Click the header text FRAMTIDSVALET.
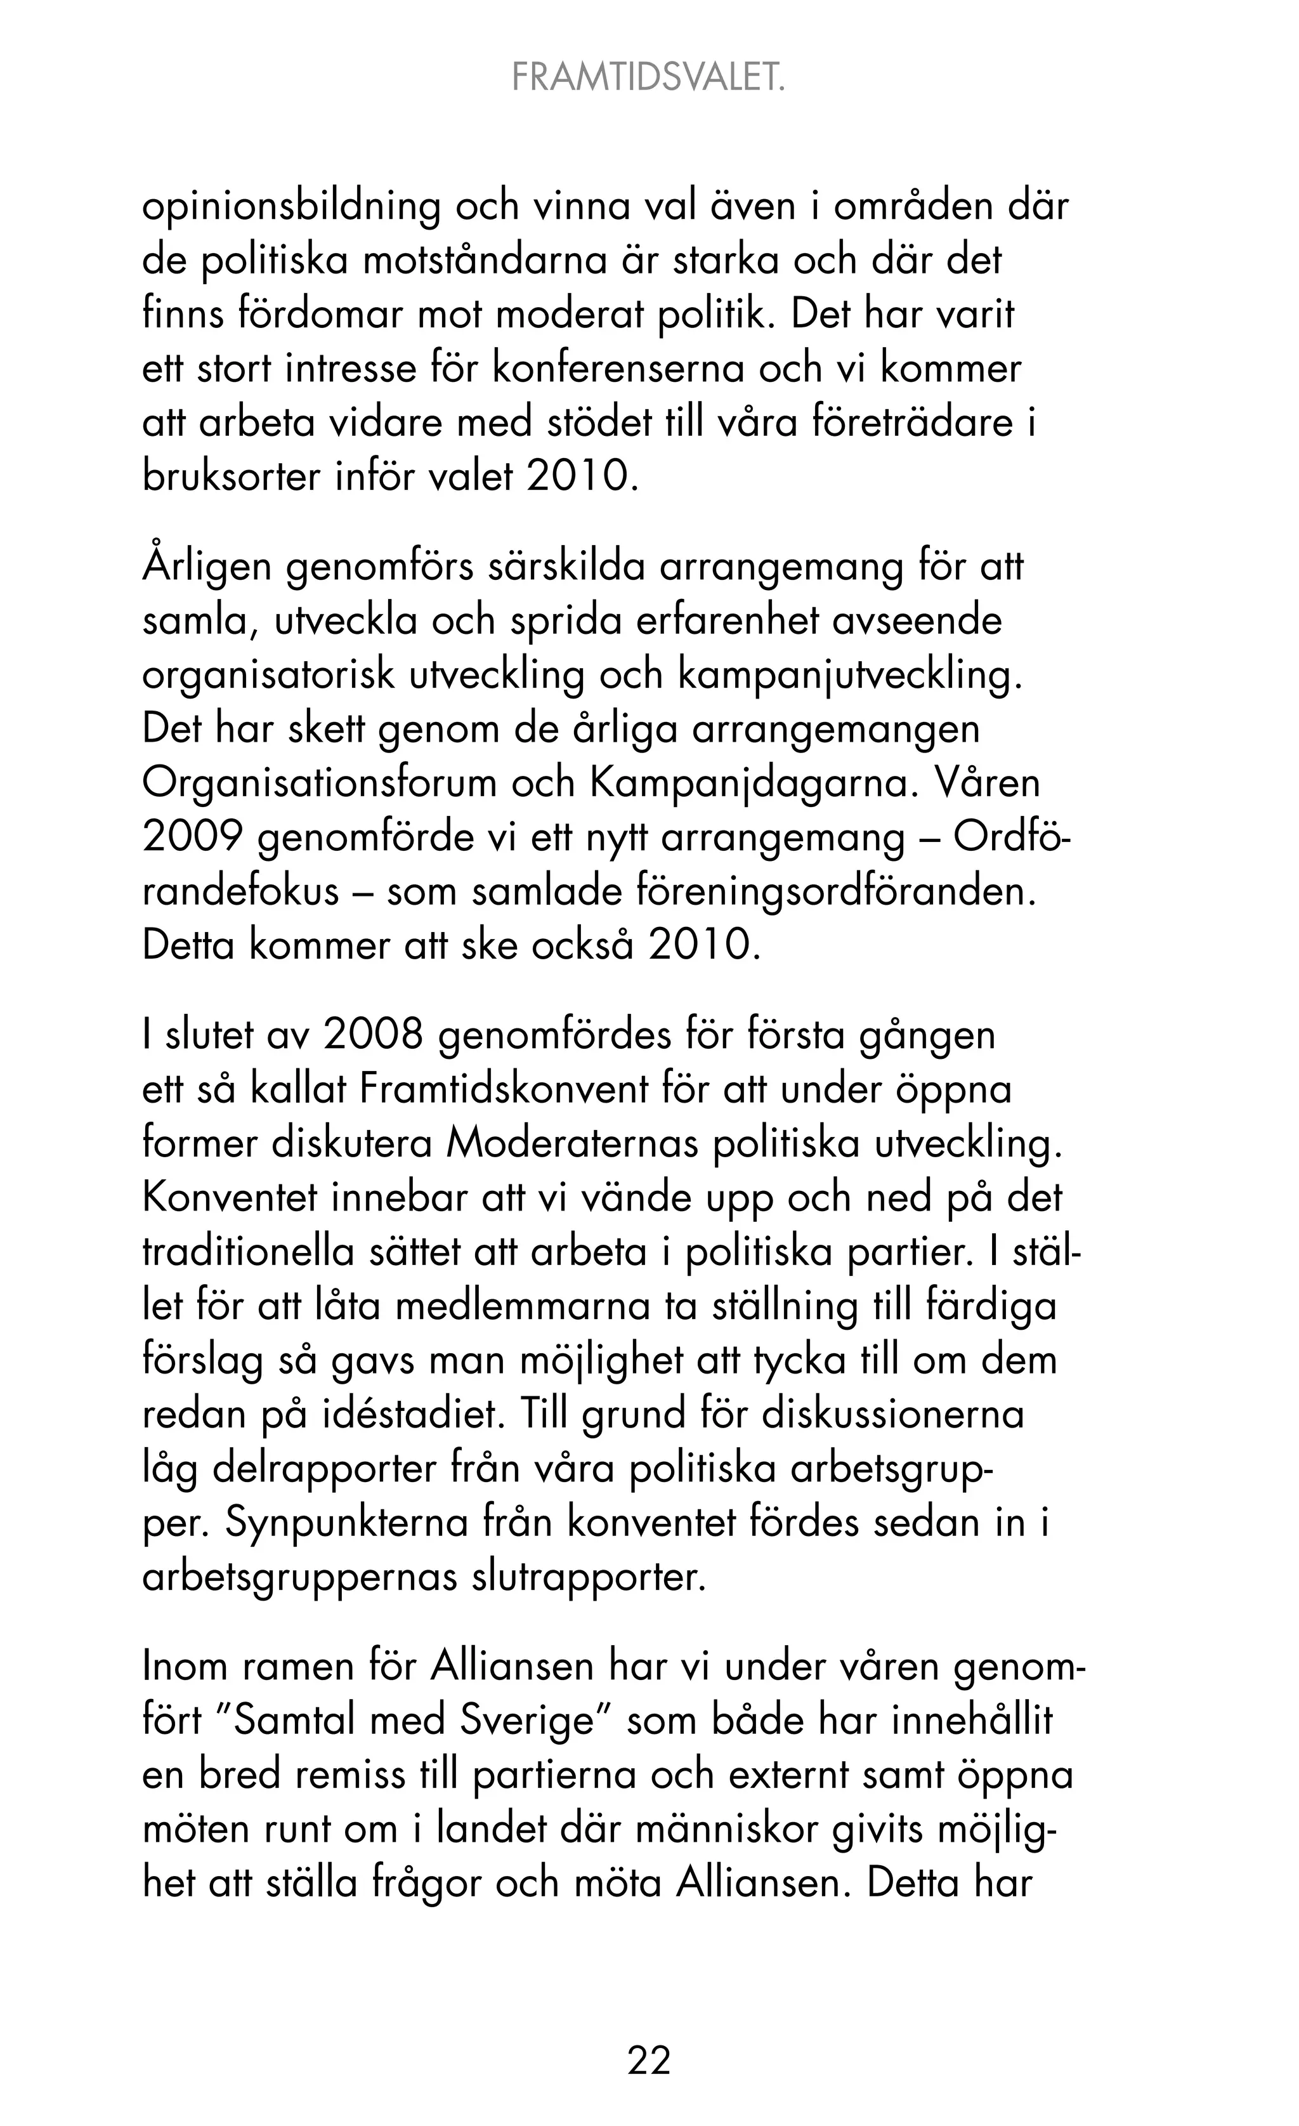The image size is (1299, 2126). click(649, 79)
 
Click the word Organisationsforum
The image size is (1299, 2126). click(318, 784)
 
